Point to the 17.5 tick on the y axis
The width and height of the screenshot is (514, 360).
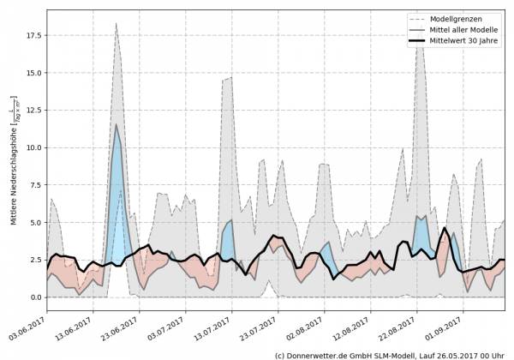(x=33, y=36)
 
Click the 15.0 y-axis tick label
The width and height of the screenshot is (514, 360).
(x=33, y=73)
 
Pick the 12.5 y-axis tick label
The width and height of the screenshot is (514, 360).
(x=33, y=111)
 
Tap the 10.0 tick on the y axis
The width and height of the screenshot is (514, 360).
(x=33, y=147)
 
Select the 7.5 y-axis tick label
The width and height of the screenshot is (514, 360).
(x=35, y=185)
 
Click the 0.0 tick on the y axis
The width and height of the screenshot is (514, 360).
(x=35, y=297)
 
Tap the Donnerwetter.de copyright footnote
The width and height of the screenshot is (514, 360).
(x=390, y=354)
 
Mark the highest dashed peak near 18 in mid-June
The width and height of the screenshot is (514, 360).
(x=116, y=25)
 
